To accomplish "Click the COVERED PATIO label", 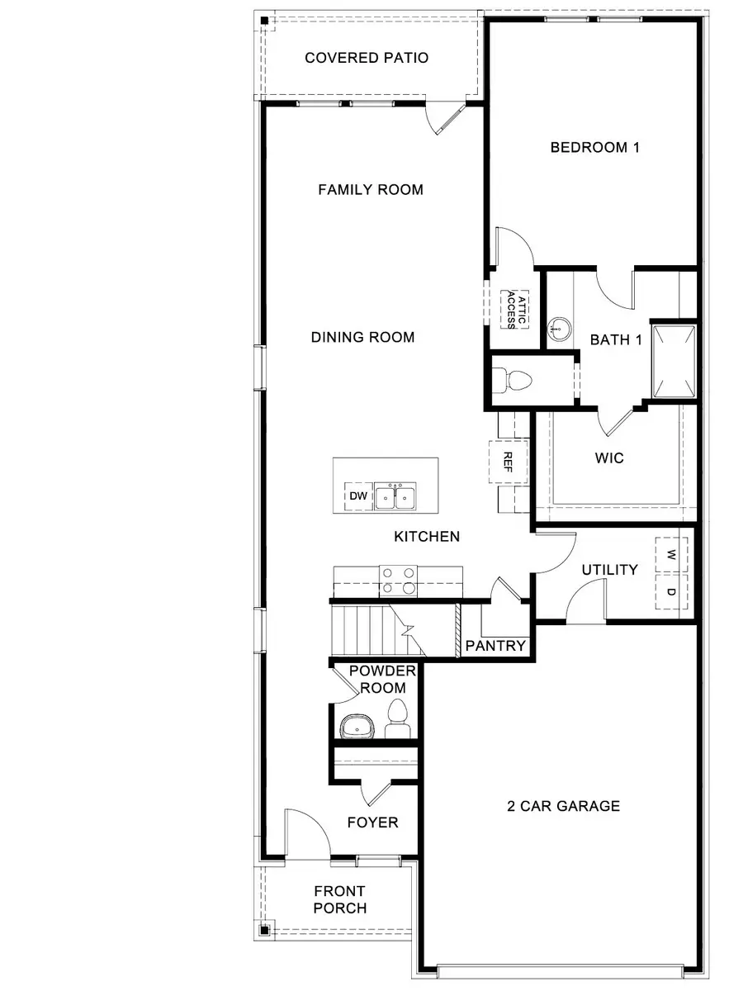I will (x=367, y=58).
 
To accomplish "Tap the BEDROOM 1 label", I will (x=595, y=148).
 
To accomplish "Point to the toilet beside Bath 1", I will (x=517, y=381).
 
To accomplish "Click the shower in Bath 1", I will (x=674, y=361).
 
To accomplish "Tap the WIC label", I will (x=609, y=458).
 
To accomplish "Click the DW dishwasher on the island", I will (x=357, y=496).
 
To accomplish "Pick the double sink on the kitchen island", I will (x=395, y=496).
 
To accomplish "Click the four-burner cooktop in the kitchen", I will (x=398, y=581).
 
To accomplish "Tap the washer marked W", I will (x=671, y=554).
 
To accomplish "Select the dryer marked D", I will (x=671, y=592).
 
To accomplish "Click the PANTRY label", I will (x=495, y=645).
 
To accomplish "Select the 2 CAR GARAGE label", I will (x=563, y=806).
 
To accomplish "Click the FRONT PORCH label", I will (x=339, y=899).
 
